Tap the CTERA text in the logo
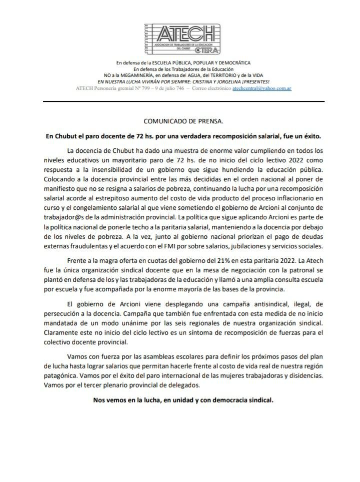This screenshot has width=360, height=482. tap(207, 51)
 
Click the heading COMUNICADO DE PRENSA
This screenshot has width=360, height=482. tap(183, 121)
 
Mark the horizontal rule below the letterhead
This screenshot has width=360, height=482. tap(183, 101)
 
